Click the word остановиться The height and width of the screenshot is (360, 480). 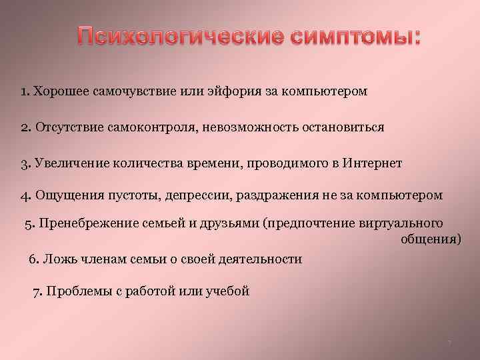pyautogui.click(x=339, y=127)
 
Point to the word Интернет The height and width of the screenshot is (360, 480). pyautogui.click(x=373, y=163)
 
